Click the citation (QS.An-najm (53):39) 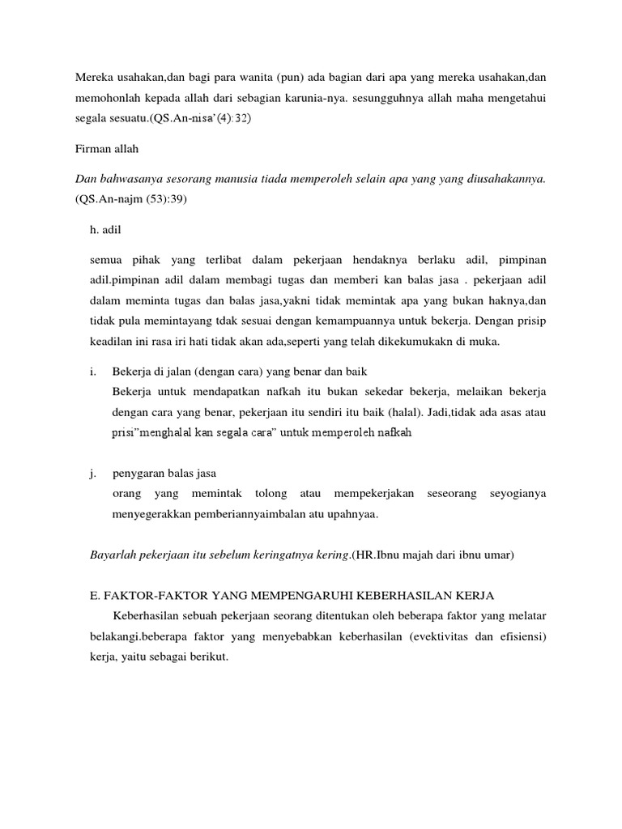130,200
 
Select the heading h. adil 106,230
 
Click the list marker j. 93,473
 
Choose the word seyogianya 513,493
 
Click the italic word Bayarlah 113,555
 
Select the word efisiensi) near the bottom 521,636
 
